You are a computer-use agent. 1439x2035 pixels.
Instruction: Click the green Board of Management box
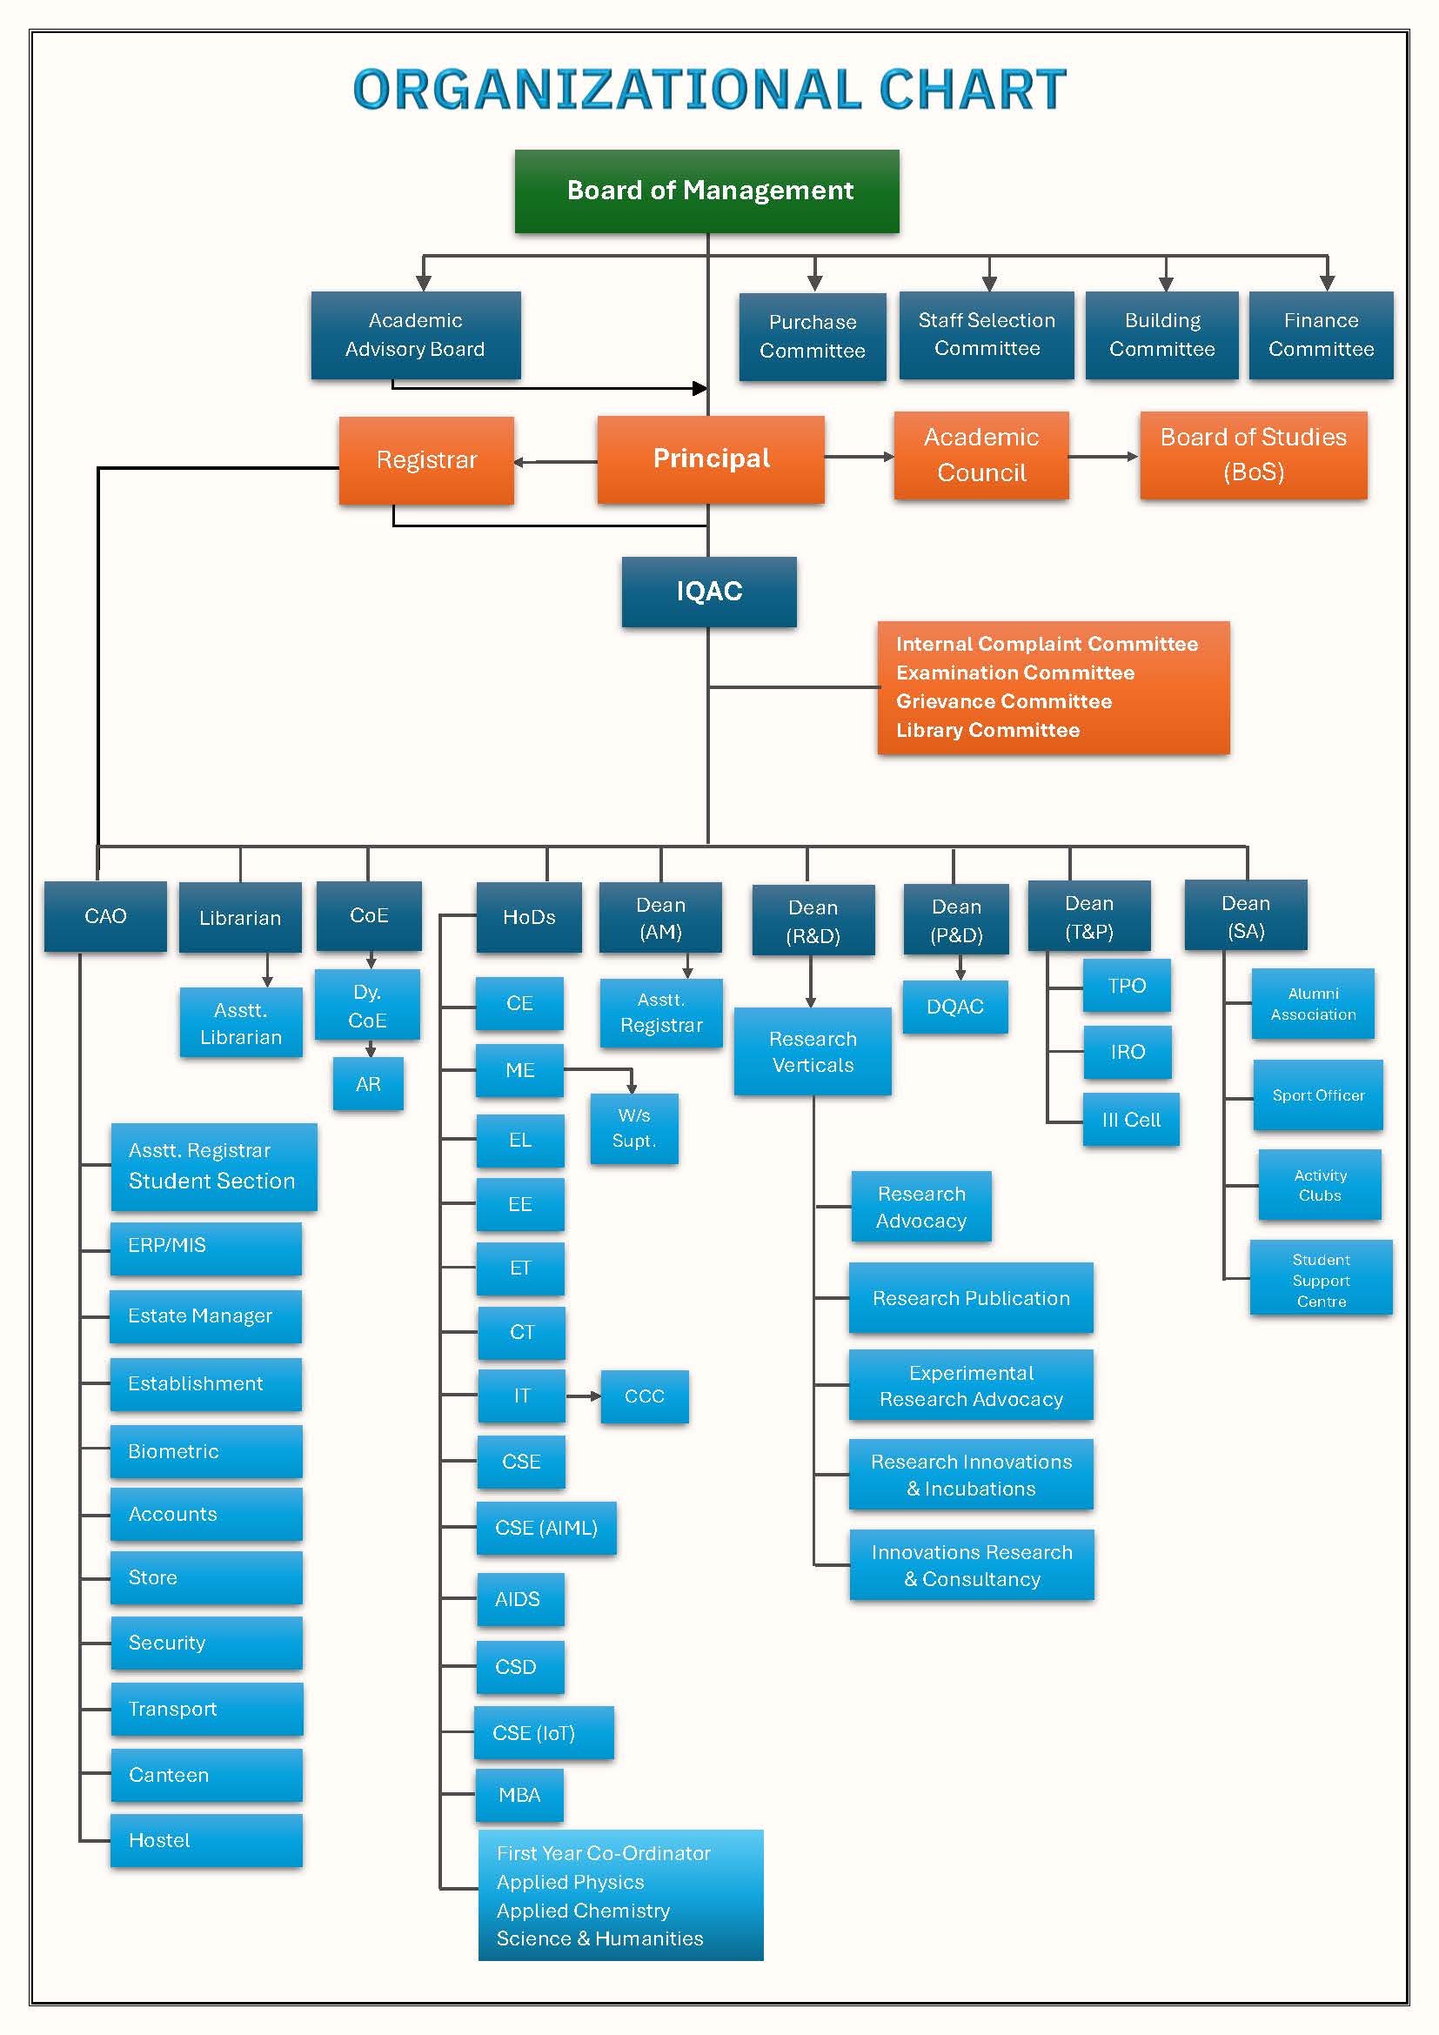pyautogui.click(x=706, y=191)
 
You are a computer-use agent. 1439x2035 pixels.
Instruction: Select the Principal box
pyautogui.click(x=710, y=459)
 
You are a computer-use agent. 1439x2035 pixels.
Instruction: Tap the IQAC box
pyautogui.click(x=708, y=591)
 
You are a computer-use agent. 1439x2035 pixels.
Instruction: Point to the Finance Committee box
pyautogui.click(x=1320, y=335)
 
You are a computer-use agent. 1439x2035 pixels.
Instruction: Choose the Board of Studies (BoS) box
pyautogui.click(x=1252, y=455)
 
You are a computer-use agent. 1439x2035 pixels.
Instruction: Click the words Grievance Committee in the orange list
pyautogui.click(x=1003, y=701)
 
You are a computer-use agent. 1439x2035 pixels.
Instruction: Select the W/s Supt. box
pyautogui.click(x=633, y=1128)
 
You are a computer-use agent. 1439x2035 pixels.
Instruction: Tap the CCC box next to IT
pyautogui.click(x=643, y=1396)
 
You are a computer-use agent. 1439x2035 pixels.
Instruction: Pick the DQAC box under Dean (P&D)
pyautogui.click(x=954, y=1006)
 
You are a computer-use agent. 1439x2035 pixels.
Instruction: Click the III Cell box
pyautogui.click(x=1130, y=1120)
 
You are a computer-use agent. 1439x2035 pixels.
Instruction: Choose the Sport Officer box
pyautogui.click(x=1316, y=1094)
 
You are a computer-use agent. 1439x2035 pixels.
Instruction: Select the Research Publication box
pyautogui.click(x=970, y=1297)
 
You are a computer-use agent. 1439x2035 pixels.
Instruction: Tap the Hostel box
pyautogui.click(x=205, y=1840)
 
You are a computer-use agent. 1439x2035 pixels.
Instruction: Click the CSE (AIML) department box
pyautogui.click(x=545, y=1527)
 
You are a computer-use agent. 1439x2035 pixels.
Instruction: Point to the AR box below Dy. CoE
pyautogui.click(x=368, y=1083)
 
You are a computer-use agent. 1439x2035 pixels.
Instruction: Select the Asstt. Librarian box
pyautogui.click(x=240, y=1023)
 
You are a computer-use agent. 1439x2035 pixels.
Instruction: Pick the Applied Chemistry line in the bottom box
pyautogui.click(x=582, y=1910)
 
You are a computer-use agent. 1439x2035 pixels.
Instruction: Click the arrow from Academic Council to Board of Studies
pyautogui.click(x=1103, y=457)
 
